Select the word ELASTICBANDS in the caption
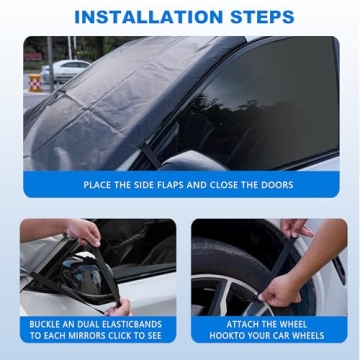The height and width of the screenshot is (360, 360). (x=127, y=324)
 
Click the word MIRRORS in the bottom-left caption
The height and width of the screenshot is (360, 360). (x=84, y=336)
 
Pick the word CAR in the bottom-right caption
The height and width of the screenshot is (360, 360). (x=284, y=336)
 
